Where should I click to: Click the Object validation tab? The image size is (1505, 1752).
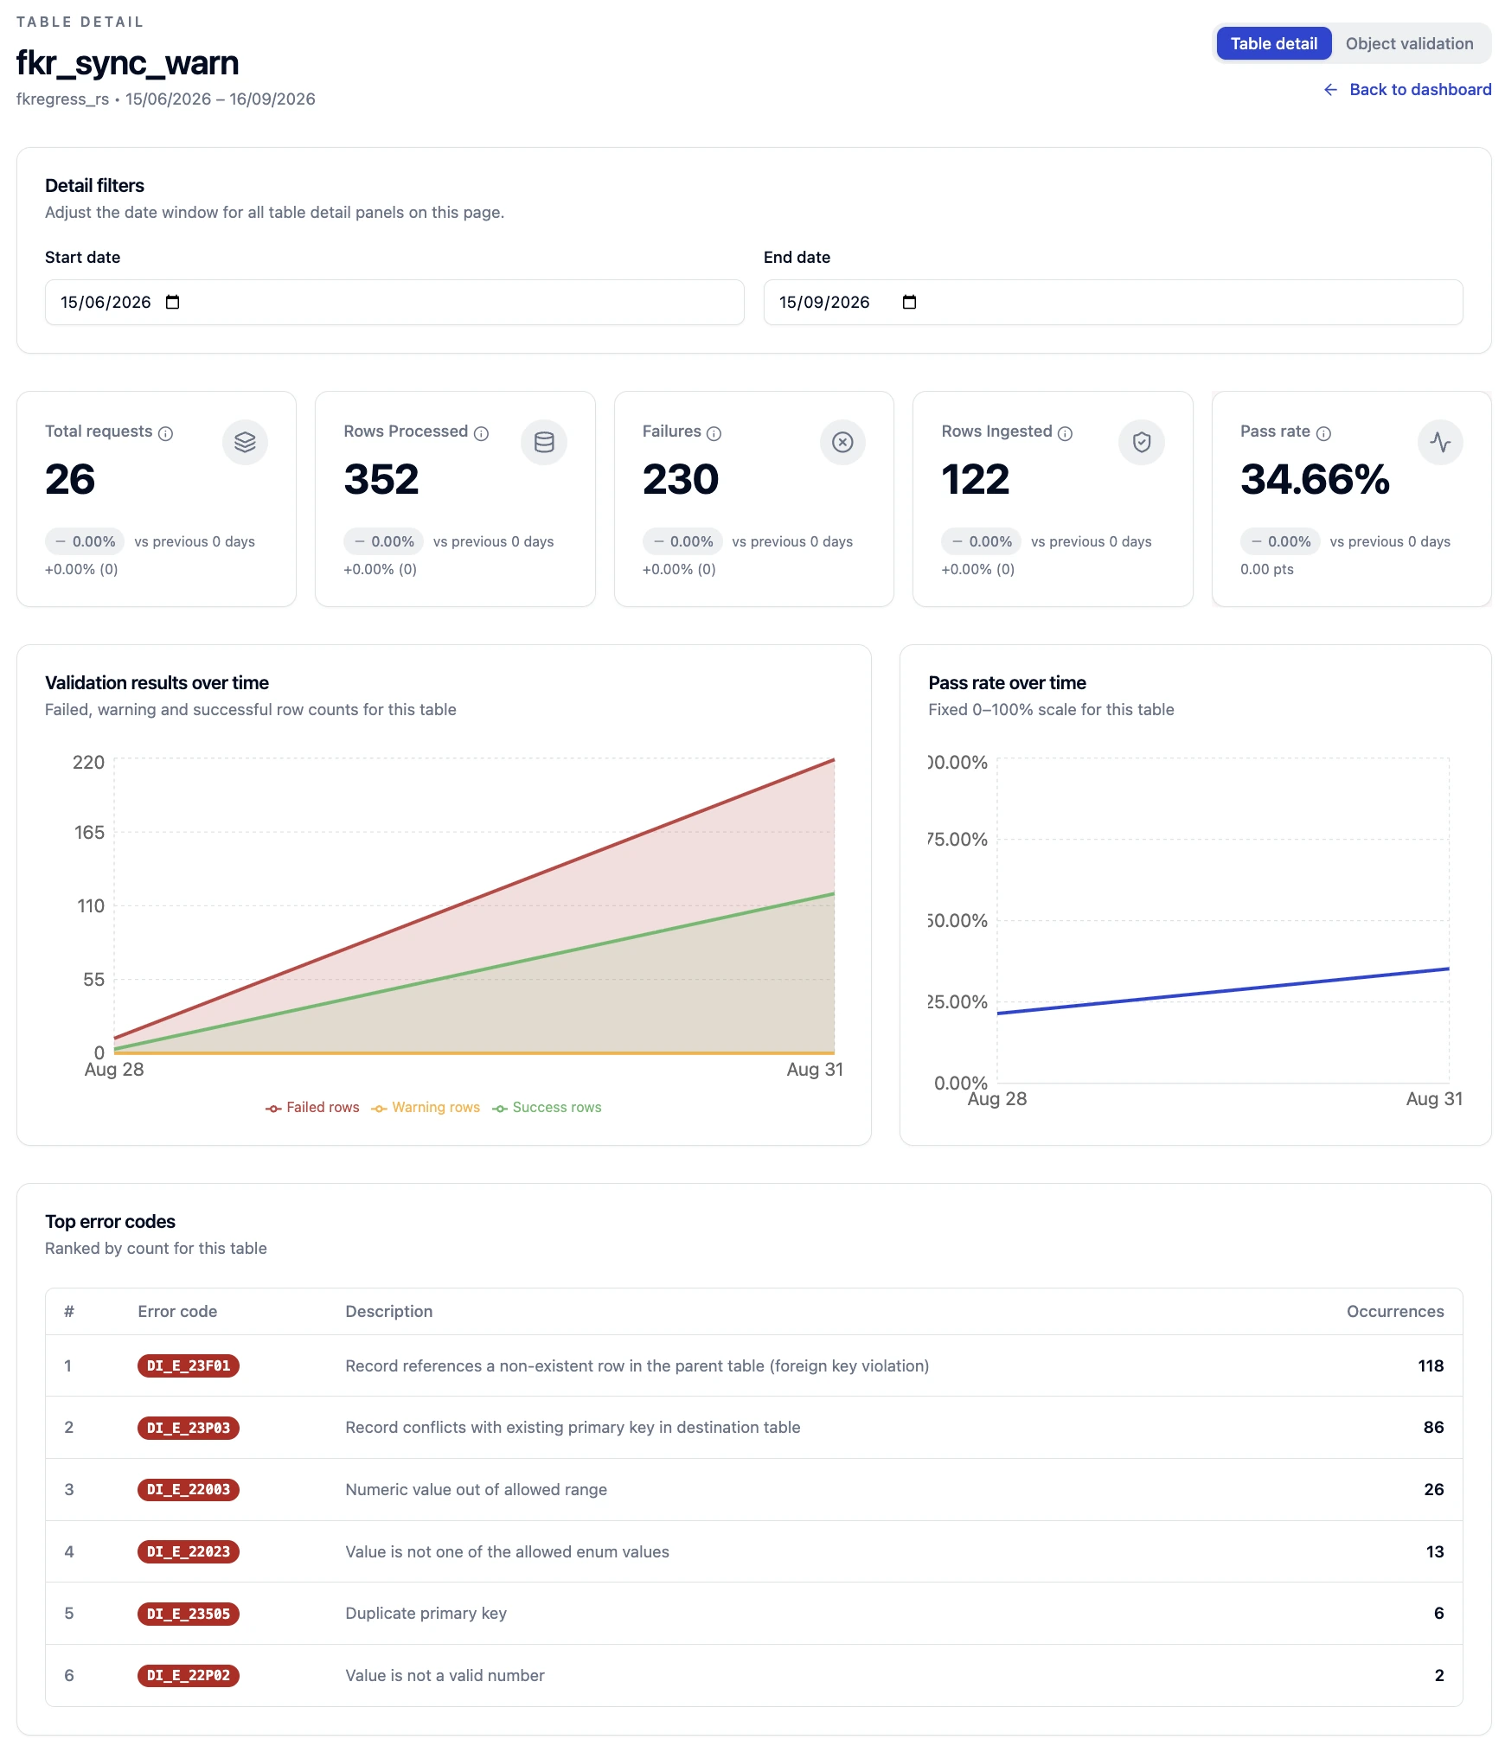point(1409,44)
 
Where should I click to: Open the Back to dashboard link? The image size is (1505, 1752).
point(1407,90)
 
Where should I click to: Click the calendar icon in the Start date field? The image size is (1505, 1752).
point(173,302)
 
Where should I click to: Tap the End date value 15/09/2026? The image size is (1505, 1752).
point(824,302)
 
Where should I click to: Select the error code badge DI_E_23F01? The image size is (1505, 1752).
point(189,1365)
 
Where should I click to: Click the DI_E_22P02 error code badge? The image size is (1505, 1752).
point(189,1675)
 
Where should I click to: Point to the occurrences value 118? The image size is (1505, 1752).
point(1431,1365)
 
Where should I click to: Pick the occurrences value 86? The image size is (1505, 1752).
point(1433,1427)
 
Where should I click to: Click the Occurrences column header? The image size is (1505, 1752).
point(1395,1311)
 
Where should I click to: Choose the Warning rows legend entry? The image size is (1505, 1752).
point(426,1108)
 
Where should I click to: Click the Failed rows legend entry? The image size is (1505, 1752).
point(312,1108)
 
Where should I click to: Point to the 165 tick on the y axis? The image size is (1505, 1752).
point(89,832)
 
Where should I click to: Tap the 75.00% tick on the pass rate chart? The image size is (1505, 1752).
point(957,839)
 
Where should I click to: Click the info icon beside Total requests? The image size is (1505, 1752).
point(165,433)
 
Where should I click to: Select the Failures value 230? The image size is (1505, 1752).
point(681,479)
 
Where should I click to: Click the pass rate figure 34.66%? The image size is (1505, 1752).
point(1315,479)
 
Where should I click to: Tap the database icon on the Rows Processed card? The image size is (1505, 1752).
point(544,442)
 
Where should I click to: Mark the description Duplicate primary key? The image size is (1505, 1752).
point(426,1613)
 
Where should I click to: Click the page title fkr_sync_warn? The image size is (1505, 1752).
point(127,63)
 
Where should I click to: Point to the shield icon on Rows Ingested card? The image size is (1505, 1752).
point(1142,442)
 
